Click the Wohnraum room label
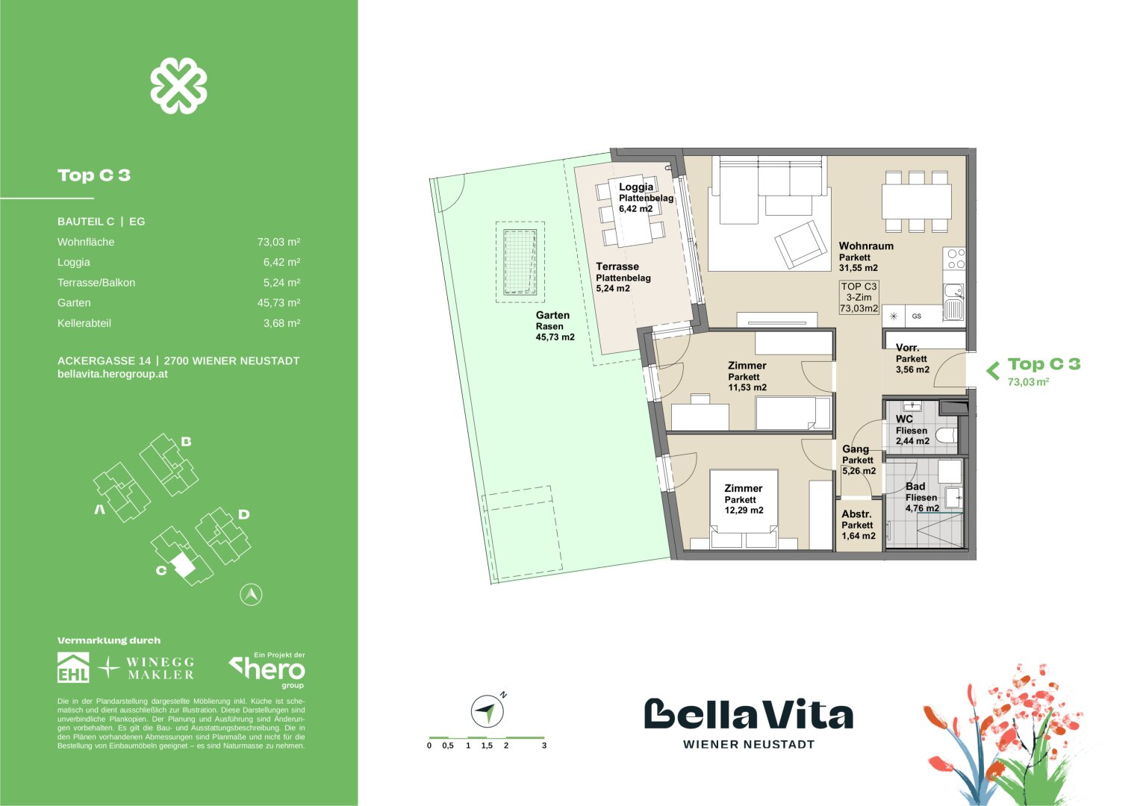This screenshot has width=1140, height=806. [x=866, y=246]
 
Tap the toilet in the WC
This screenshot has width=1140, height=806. [x=945, y=436]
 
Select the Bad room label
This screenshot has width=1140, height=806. [x=915, y=487]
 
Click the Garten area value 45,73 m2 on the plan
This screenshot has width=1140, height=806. [x=555, y=337]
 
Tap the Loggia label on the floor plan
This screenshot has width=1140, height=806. [x=636, y=187]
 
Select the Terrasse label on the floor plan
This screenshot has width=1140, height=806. [x=617, y=266]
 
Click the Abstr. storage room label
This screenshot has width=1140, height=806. [x=856, y=514]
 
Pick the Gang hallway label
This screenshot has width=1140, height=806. [x=856, y=449]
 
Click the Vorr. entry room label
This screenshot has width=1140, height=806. [x=907, y=348]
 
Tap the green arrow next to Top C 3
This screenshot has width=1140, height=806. [x=993, y=370]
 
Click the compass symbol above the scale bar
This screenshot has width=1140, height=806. [x=487, y=711]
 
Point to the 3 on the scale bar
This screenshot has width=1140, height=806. [x=544, y=746]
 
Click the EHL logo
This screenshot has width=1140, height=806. [x=73, y=668]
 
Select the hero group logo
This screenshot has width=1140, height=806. [x=268, y=670]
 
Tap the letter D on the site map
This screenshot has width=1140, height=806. [x=243, y=514]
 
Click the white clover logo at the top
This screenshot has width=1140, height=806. [x=178, y=87]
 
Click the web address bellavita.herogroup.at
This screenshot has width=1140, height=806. [x=113, y=374]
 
